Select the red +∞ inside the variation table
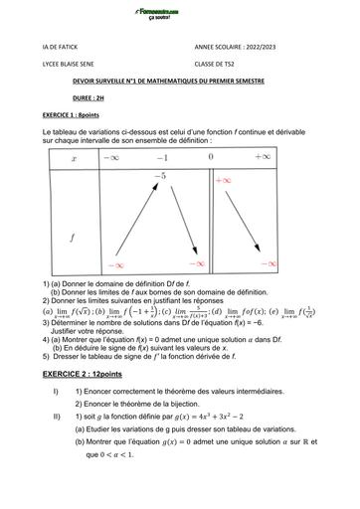coord(224,181)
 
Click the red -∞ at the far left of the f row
coord(117,265)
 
